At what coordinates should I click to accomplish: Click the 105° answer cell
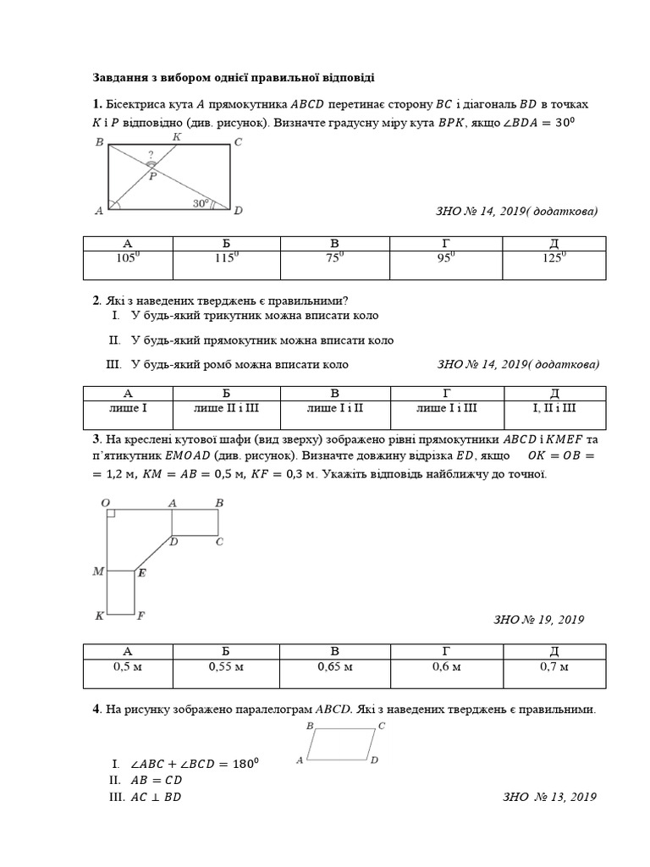(x=128, y=259)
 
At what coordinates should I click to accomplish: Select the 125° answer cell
(x=554, y=259)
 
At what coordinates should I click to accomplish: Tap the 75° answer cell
(x=336, y=259)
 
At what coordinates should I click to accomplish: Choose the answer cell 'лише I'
(x=129, y=408)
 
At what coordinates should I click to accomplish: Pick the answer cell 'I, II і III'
(x=554, y=408)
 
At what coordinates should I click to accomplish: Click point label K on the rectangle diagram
(x=176, y=136)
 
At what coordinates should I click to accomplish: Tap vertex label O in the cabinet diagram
(x=106, y=503)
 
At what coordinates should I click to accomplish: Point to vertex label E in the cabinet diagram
(x=141, y=573)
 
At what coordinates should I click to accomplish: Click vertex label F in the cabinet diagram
(x=140, y=616)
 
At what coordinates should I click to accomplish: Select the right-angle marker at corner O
(x=112, y=514)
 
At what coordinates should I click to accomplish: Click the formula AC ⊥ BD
(x=156, y=797)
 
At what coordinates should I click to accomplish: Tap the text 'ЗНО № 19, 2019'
(x=538, y=620)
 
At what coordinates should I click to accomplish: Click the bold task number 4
(x=96, y=709)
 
